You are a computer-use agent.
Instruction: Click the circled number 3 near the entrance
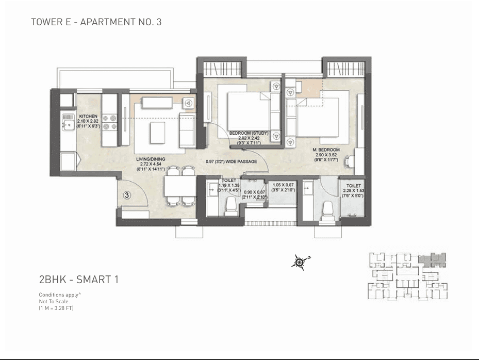[127, 195]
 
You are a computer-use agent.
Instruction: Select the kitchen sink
[67, 122]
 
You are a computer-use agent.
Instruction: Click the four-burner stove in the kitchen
[109, 122]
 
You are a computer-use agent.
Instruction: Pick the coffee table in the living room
[158, 133]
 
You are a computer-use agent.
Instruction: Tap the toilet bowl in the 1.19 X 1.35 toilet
[230, 207]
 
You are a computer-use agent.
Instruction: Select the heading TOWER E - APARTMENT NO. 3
[96, 22]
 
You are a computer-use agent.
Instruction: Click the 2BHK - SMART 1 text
[79, 280]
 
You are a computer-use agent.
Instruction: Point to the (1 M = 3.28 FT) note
[57, 308]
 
